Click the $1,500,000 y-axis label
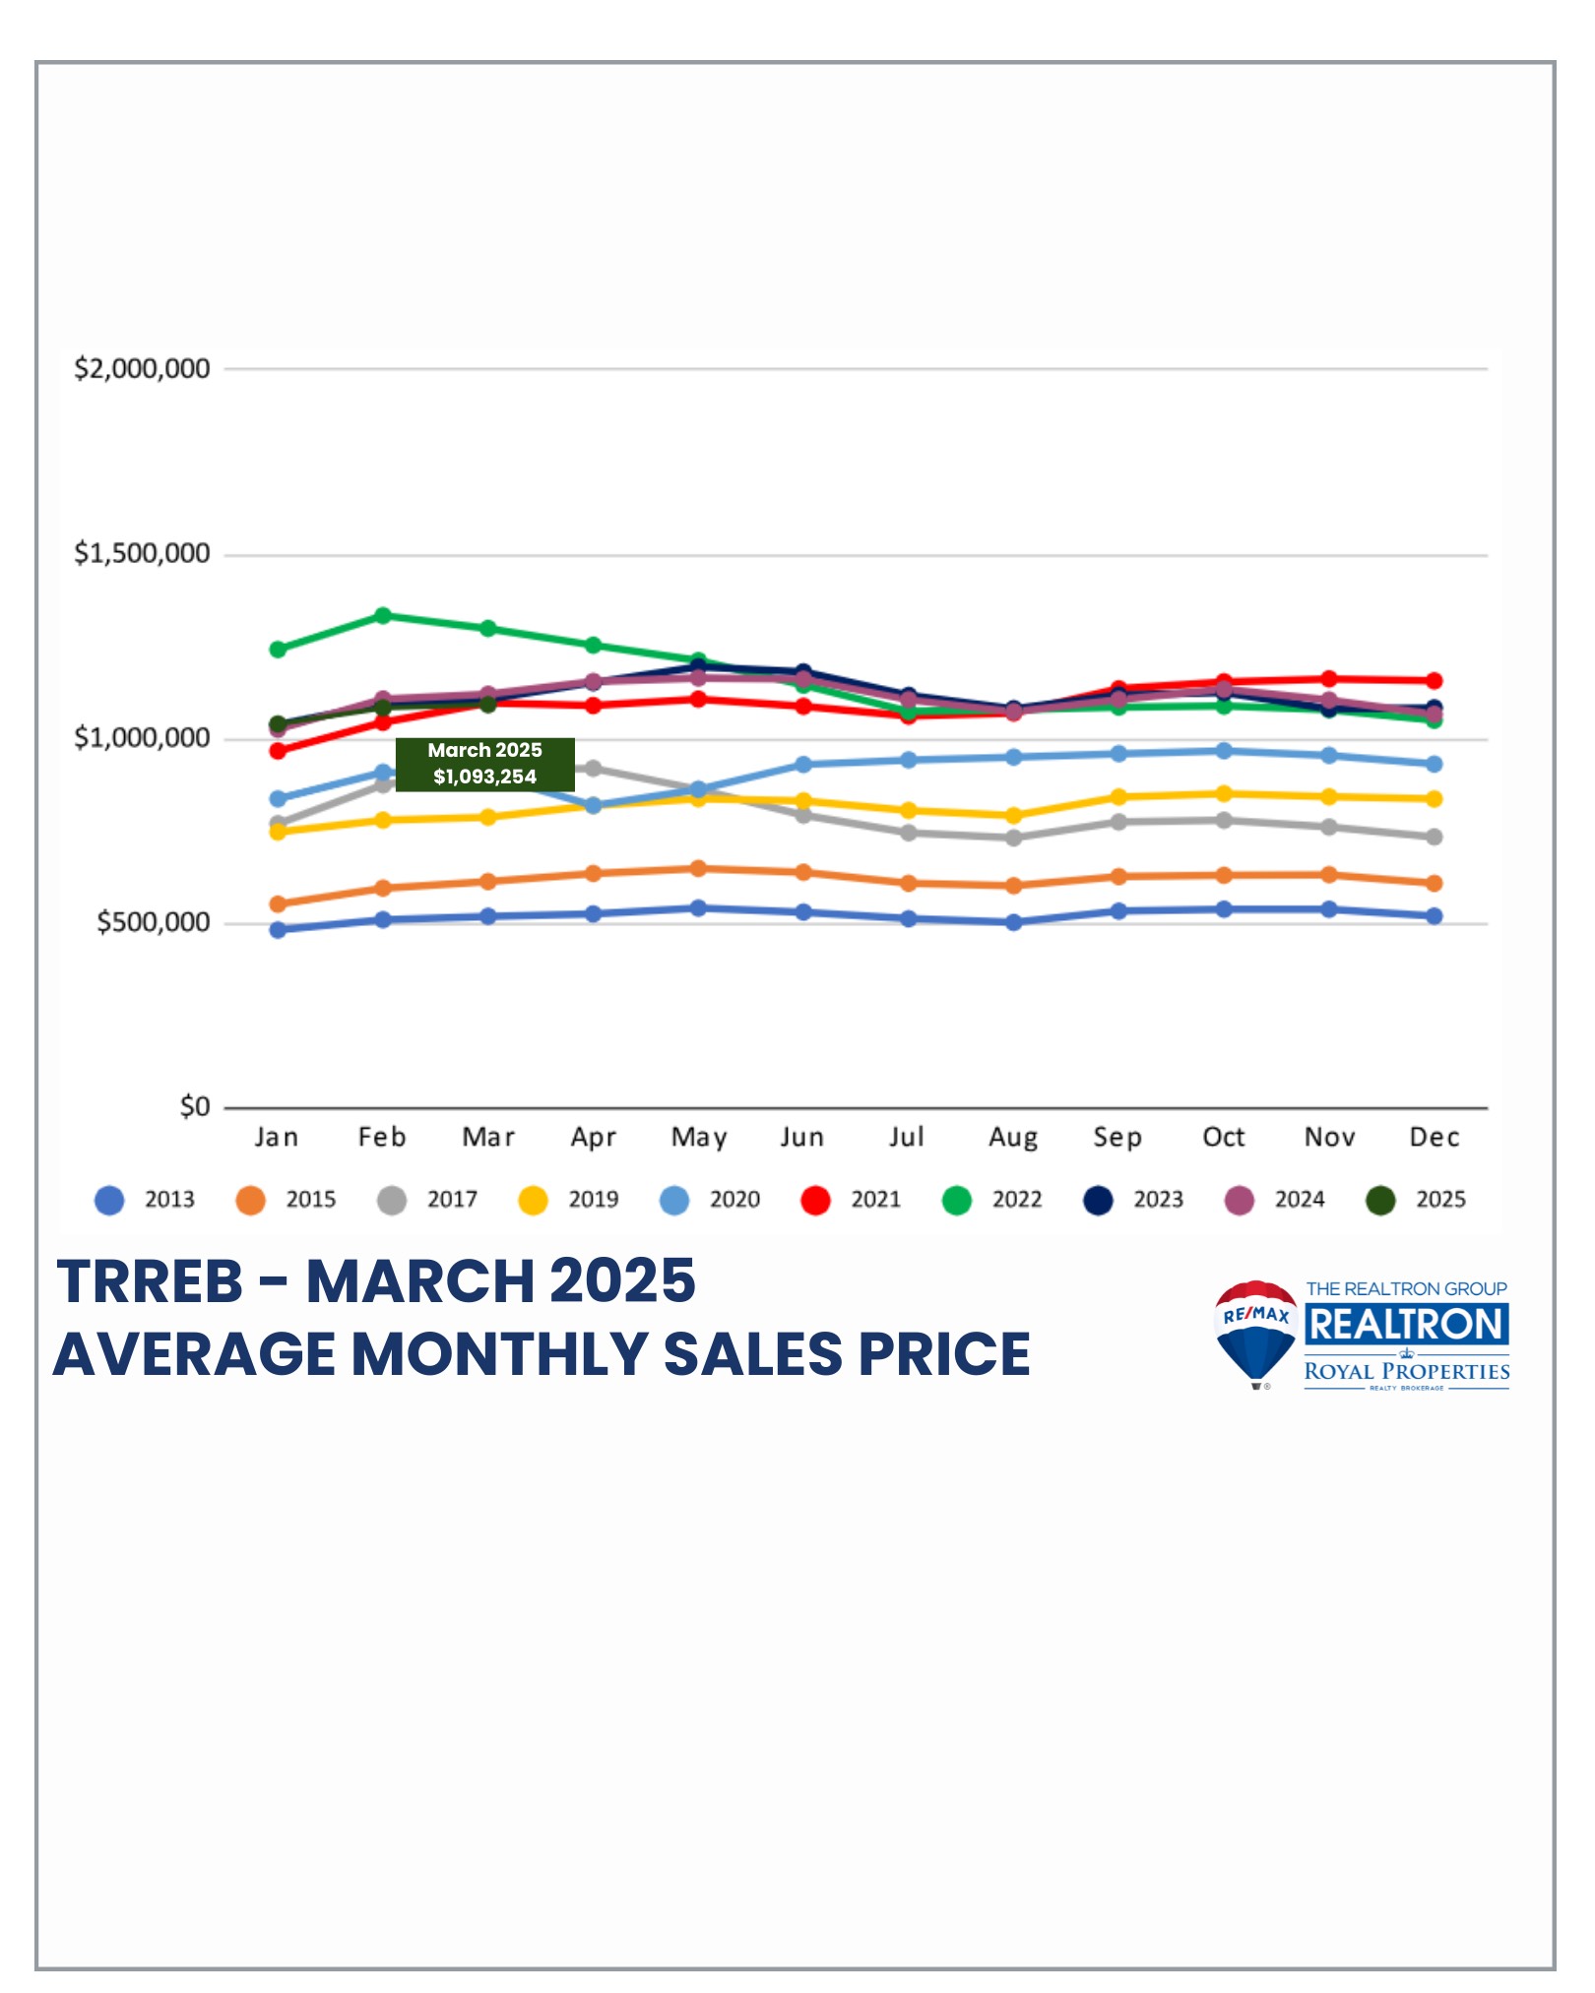tap(142, 553)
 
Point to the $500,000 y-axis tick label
tap(153, 922)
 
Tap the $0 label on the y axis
tap(194, 1107)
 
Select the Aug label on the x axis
tap(1013, 1138)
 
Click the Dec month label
tap(1434, 1137)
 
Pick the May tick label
tap(698, 1138)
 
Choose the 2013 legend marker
tap(109, 1201)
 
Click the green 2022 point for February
tap(383, 616)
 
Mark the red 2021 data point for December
tap(1434, 680)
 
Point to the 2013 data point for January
tap(278, 930)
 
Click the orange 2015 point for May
tap(698, 868)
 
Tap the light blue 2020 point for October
tap(1224, 751)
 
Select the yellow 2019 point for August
tap(1013, 815)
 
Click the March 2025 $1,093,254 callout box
tap(484, 764)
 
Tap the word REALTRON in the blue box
tap(1406, 1325)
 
